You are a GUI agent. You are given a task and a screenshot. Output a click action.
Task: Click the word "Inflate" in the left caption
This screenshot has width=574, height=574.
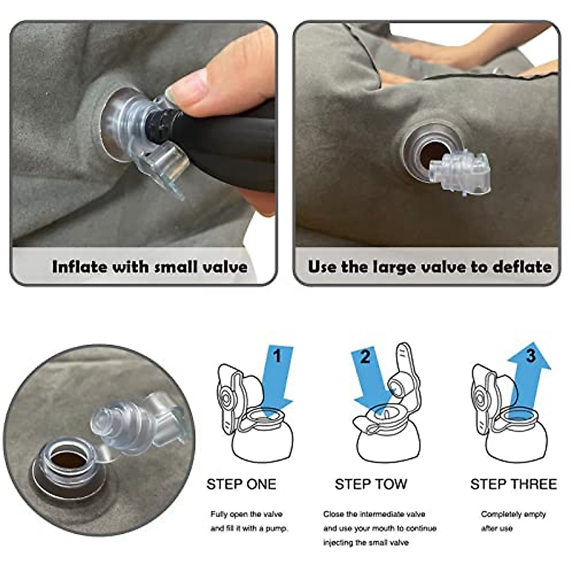79,266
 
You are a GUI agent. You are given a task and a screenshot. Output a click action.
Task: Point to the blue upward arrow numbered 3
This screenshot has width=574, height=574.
526,378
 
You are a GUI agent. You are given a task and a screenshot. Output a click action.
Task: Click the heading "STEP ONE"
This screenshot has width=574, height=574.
241,484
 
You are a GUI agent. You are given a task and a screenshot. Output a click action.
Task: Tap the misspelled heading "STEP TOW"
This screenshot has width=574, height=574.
371,484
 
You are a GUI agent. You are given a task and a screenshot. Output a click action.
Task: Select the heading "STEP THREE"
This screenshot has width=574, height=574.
513,484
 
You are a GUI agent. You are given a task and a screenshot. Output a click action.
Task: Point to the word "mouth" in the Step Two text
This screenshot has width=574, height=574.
377,529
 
